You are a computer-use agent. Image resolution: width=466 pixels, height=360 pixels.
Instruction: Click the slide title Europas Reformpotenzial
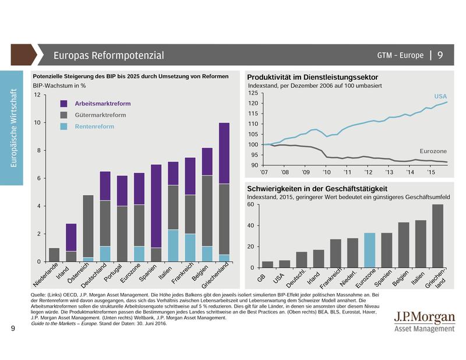click(x=108, y=55)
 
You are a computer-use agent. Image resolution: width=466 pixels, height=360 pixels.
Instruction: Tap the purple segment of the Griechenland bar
click(x=224, y=153)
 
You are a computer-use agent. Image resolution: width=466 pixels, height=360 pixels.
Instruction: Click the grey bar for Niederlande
click(x=54, y=255)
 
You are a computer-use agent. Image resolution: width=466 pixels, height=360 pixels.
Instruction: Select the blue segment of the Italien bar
click(x=174, y=246)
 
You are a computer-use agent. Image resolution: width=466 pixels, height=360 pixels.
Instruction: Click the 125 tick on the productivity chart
click(x=252, y=93)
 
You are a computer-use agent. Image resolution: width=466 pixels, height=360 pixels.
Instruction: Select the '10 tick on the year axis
click(x=327, y=173)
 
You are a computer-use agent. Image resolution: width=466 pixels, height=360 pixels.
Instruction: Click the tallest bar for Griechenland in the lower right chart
click(x=437, y=236)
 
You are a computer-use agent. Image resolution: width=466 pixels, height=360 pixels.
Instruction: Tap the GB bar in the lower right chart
click(x=267, y=264)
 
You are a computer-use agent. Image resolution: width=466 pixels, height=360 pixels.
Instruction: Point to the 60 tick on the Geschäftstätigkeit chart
click(x=252, y=204)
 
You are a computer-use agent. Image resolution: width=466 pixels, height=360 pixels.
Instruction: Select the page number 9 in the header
click(x=440, y=55)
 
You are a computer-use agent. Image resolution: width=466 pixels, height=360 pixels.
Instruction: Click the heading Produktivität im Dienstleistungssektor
click(x=313, y=77)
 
